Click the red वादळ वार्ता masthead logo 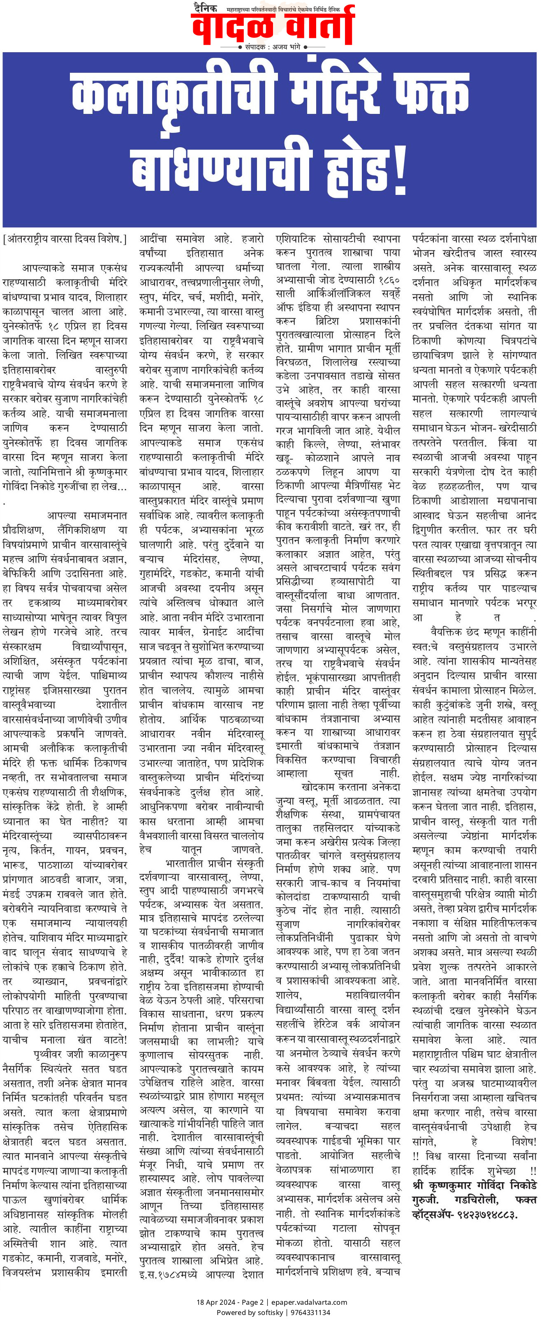click(x=273, y=25)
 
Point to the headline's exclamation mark click(x=400, y=169)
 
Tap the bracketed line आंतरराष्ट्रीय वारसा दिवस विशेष click(x=64, y=239)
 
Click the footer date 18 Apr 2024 click(x=216, y=1302)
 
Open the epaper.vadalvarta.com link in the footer click(x=310, y=1302)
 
